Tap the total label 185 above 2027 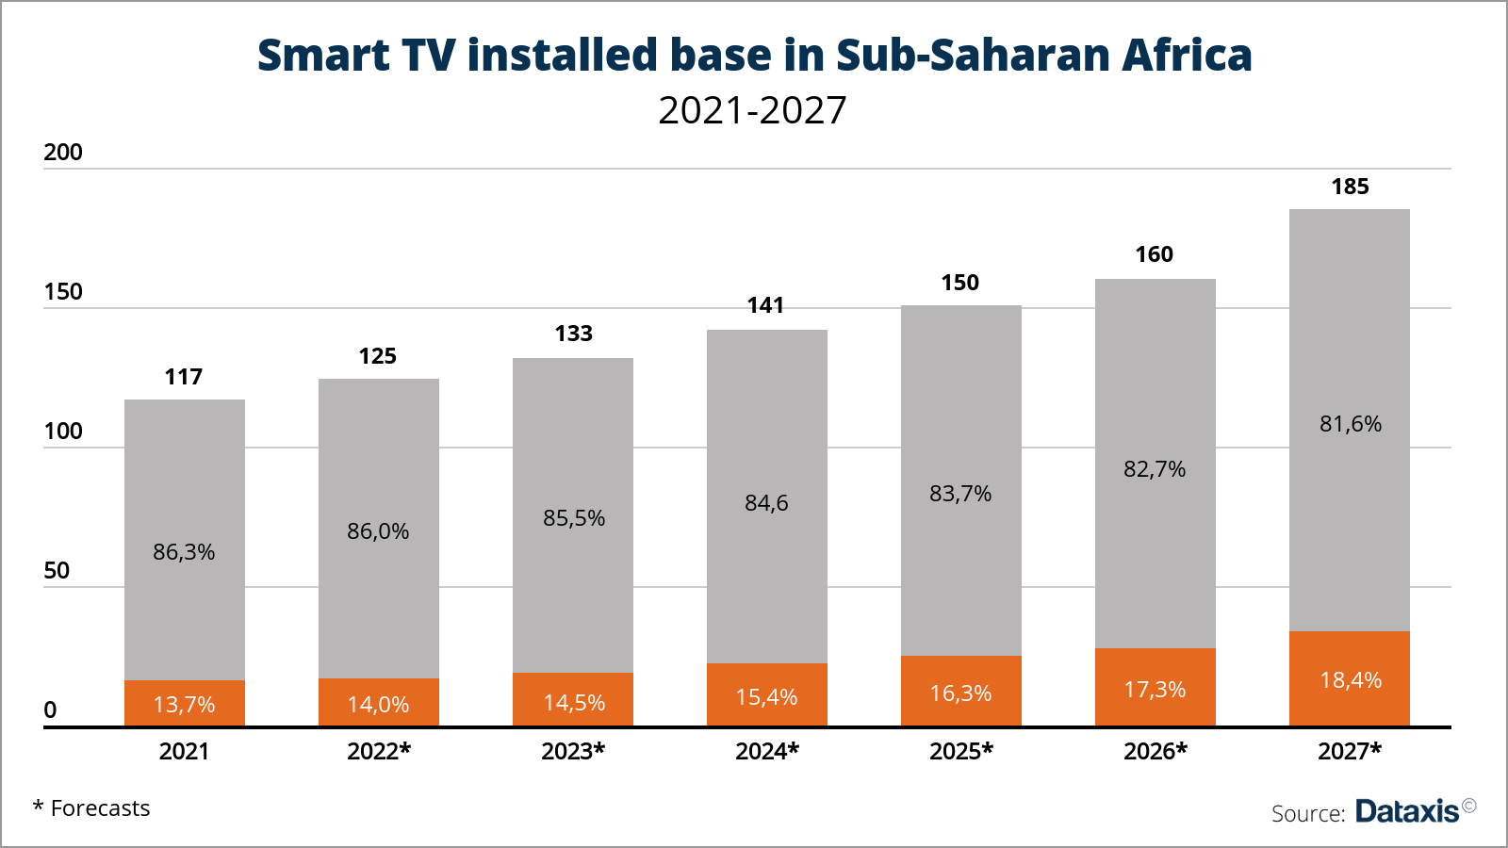(1350, 187)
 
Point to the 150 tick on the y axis (63, 292)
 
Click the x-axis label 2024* (766, 751)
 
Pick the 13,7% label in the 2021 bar (185, 705)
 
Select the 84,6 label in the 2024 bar (766, 503)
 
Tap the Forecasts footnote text (100, 808)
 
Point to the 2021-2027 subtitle (752, 110)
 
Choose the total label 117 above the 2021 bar (184, 377)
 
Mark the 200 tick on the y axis (63, 153)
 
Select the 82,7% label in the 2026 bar (1155, 469)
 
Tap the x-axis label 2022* (378, 751)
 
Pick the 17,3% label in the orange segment (1155, 690)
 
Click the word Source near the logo (1306, 813)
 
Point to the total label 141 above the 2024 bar (765, 305)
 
